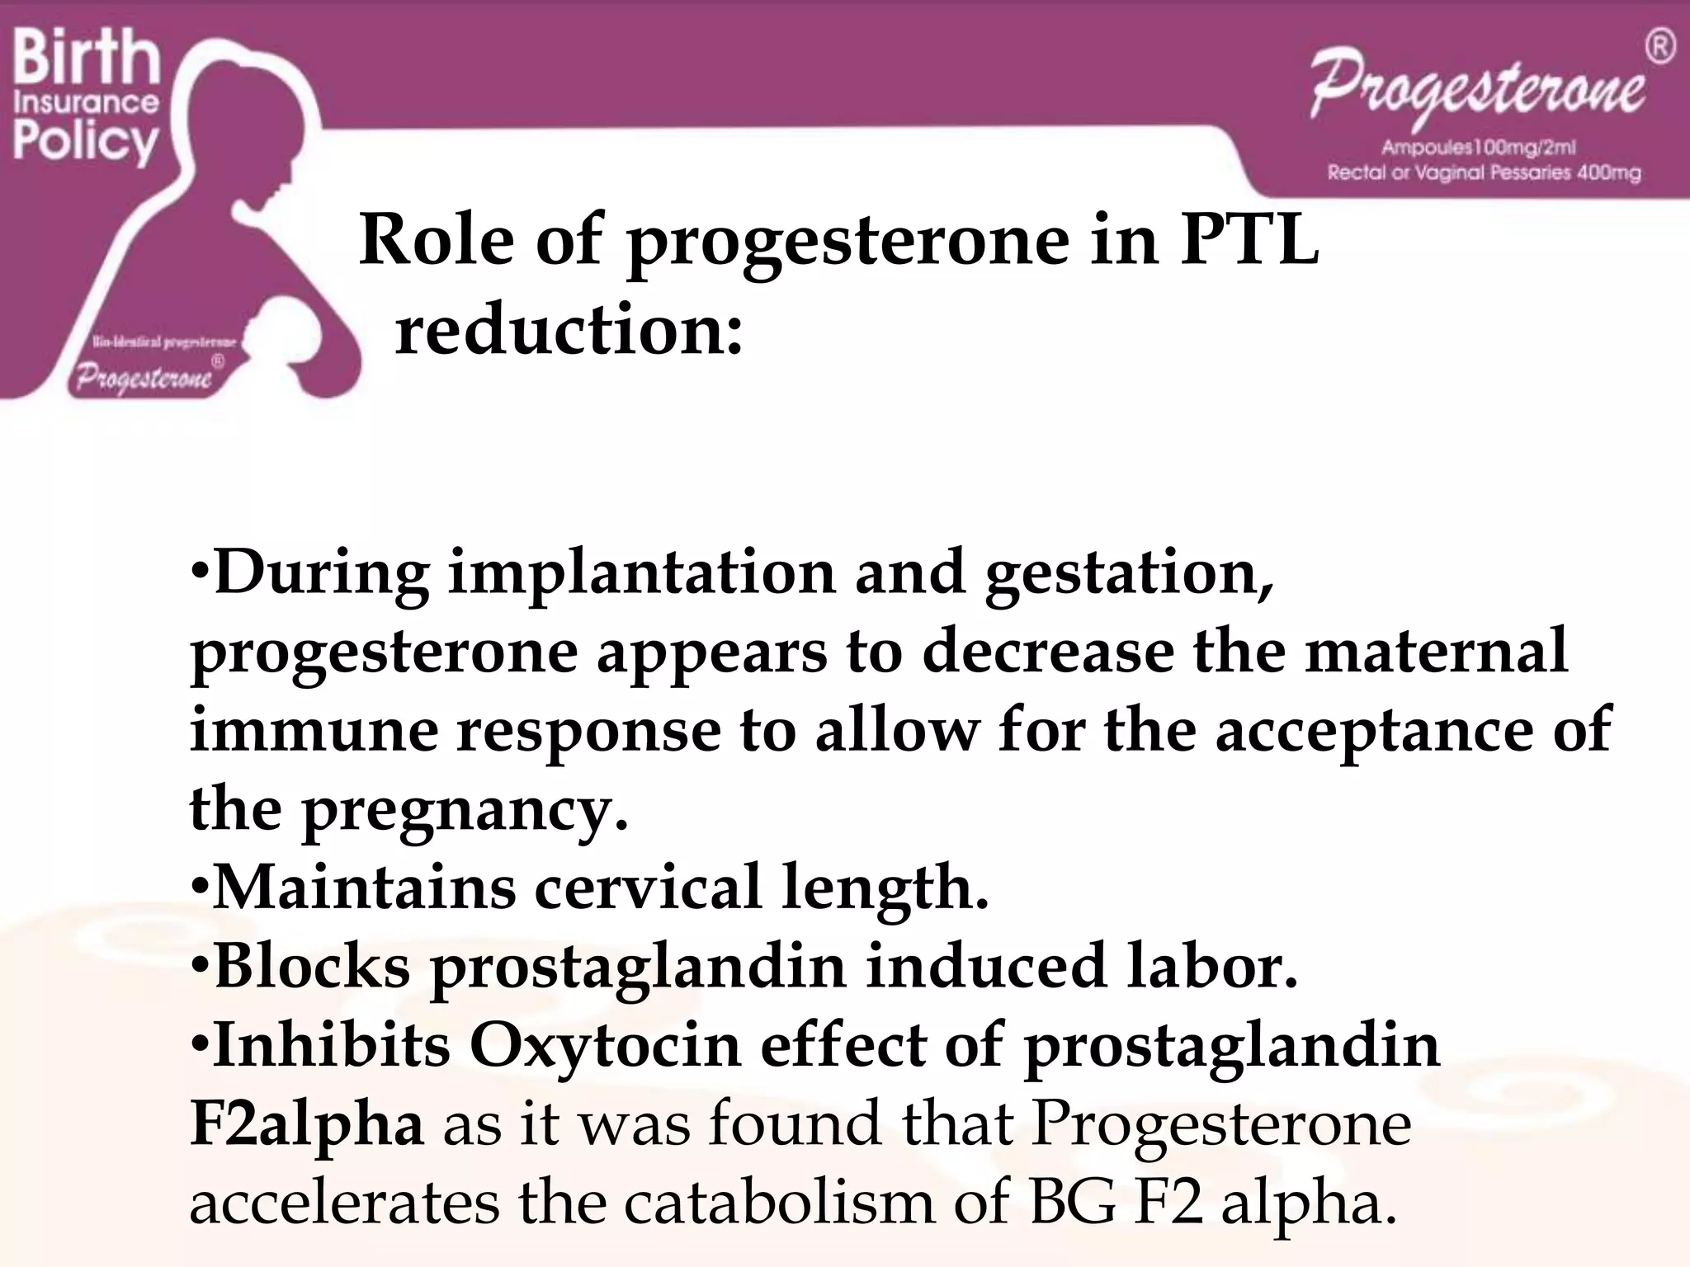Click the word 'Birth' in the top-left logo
86,55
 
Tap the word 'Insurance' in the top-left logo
86,102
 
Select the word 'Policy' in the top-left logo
85,142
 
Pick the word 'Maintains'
364,888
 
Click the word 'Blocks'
311,966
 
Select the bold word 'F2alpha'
306,1124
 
